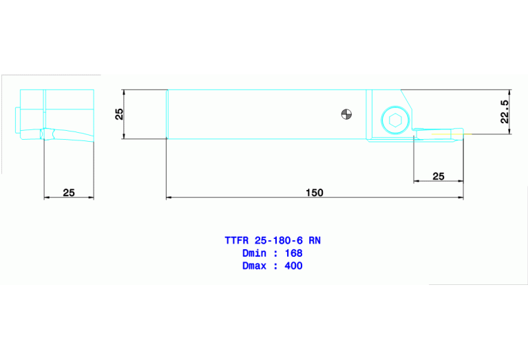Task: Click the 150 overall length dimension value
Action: coord(314,193)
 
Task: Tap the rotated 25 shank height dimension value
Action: coord(119,114)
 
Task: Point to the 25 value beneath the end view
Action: coord(69,193)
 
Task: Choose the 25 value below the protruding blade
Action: coord(438,176)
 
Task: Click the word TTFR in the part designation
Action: coord(237,241)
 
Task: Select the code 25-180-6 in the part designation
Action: coord(279,241)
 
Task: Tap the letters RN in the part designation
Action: coord(314,241)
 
